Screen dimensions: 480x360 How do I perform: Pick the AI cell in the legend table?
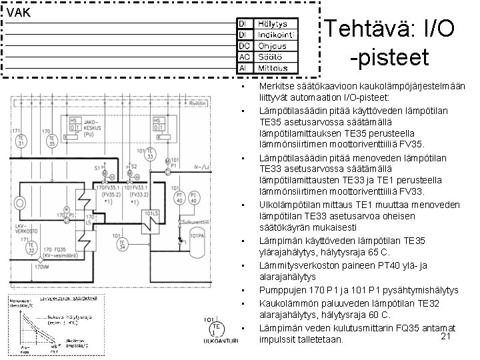tap(244, 67)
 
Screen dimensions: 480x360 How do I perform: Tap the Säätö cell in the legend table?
tap(273, 57)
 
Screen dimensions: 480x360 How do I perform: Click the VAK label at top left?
tap(18, 11)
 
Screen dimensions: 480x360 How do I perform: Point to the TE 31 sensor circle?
tap(21, 141)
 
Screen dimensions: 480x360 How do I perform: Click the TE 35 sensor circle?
tap(51, 141)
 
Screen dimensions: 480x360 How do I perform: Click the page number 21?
tap(447, 337)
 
